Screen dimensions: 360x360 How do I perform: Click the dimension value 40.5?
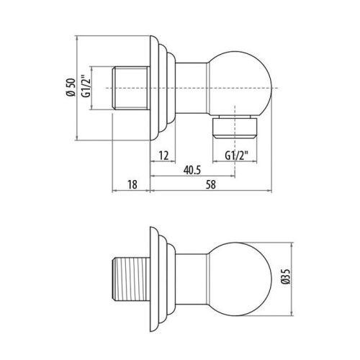[191, 171]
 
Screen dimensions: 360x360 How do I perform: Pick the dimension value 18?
[131, 186]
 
